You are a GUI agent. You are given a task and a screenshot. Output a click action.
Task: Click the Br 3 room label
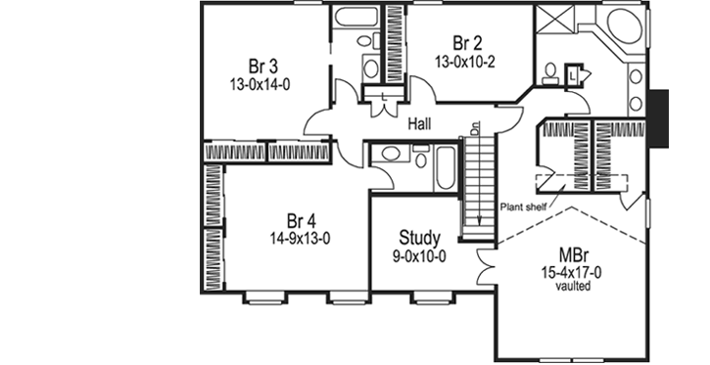tap(260, 67)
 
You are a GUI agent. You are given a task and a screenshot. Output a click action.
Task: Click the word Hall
tap(423, 123)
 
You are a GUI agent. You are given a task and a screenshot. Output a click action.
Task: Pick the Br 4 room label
tap(301, 219)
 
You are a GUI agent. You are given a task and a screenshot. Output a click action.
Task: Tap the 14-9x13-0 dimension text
tap(301, 237)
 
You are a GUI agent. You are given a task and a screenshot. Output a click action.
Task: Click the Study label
tap(420, 238)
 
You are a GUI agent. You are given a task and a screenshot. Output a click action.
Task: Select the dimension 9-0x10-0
tap(420, 255)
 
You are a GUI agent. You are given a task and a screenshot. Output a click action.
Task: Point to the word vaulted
tap(572, 287)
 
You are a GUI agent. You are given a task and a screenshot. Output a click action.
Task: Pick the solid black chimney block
tap(660, 118)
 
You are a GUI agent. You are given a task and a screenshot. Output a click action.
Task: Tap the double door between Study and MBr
tap(486, 261)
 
